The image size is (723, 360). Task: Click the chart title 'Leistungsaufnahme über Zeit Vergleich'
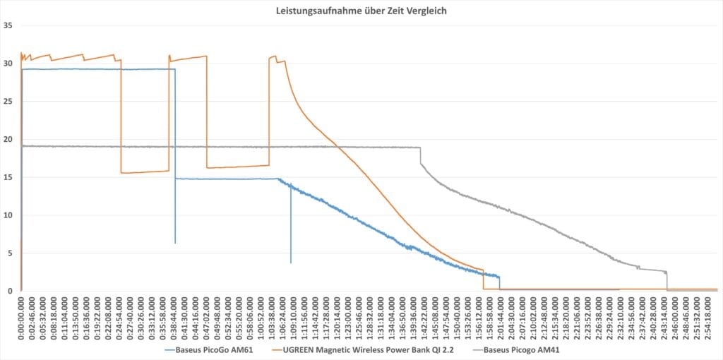361,11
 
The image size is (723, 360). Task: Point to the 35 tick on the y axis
8,26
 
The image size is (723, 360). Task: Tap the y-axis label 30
8,64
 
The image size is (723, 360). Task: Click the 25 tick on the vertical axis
8,102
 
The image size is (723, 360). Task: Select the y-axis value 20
8,140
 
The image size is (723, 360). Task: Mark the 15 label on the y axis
8,178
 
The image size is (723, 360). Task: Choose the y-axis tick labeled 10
8,215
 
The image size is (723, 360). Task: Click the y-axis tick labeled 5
11,253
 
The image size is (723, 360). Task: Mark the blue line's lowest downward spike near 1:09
290,262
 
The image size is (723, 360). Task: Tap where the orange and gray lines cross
338,147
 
